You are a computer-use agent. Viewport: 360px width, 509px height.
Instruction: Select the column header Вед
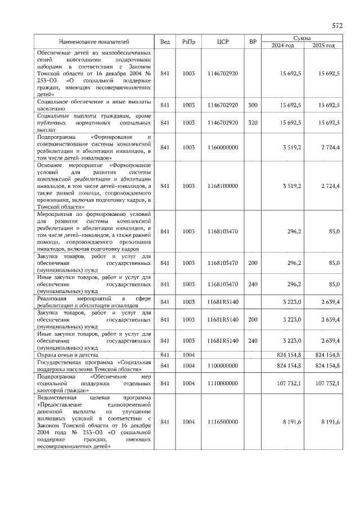(165, 42)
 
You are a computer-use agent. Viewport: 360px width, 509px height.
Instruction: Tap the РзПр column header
(188, 42)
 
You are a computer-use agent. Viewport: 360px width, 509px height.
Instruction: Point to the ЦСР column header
(223, 42)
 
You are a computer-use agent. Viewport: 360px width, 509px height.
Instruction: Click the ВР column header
(253, 42)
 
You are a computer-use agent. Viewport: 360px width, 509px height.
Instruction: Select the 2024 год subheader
(283, 46)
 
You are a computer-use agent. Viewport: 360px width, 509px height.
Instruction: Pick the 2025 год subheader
(323, 46)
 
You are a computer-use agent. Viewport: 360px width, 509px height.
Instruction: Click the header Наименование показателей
(94, 42)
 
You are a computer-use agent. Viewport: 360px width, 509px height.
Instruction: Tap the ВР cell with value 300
(253, 105)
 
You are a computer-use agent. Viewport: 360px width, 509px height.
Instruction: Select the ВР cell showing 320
(253, 122)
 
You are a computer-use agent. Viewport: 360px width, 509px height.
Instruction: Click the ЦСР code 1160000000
(223, 147)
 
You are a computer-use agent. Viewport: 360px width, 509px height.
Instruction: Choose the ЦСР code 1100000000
(223, 366)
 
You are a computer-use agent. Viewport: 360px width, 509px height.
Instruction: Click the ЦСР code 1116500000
(223, 421)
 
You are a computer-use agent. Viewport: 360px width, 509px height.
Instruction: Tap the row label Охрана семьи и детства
(68, 355)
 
